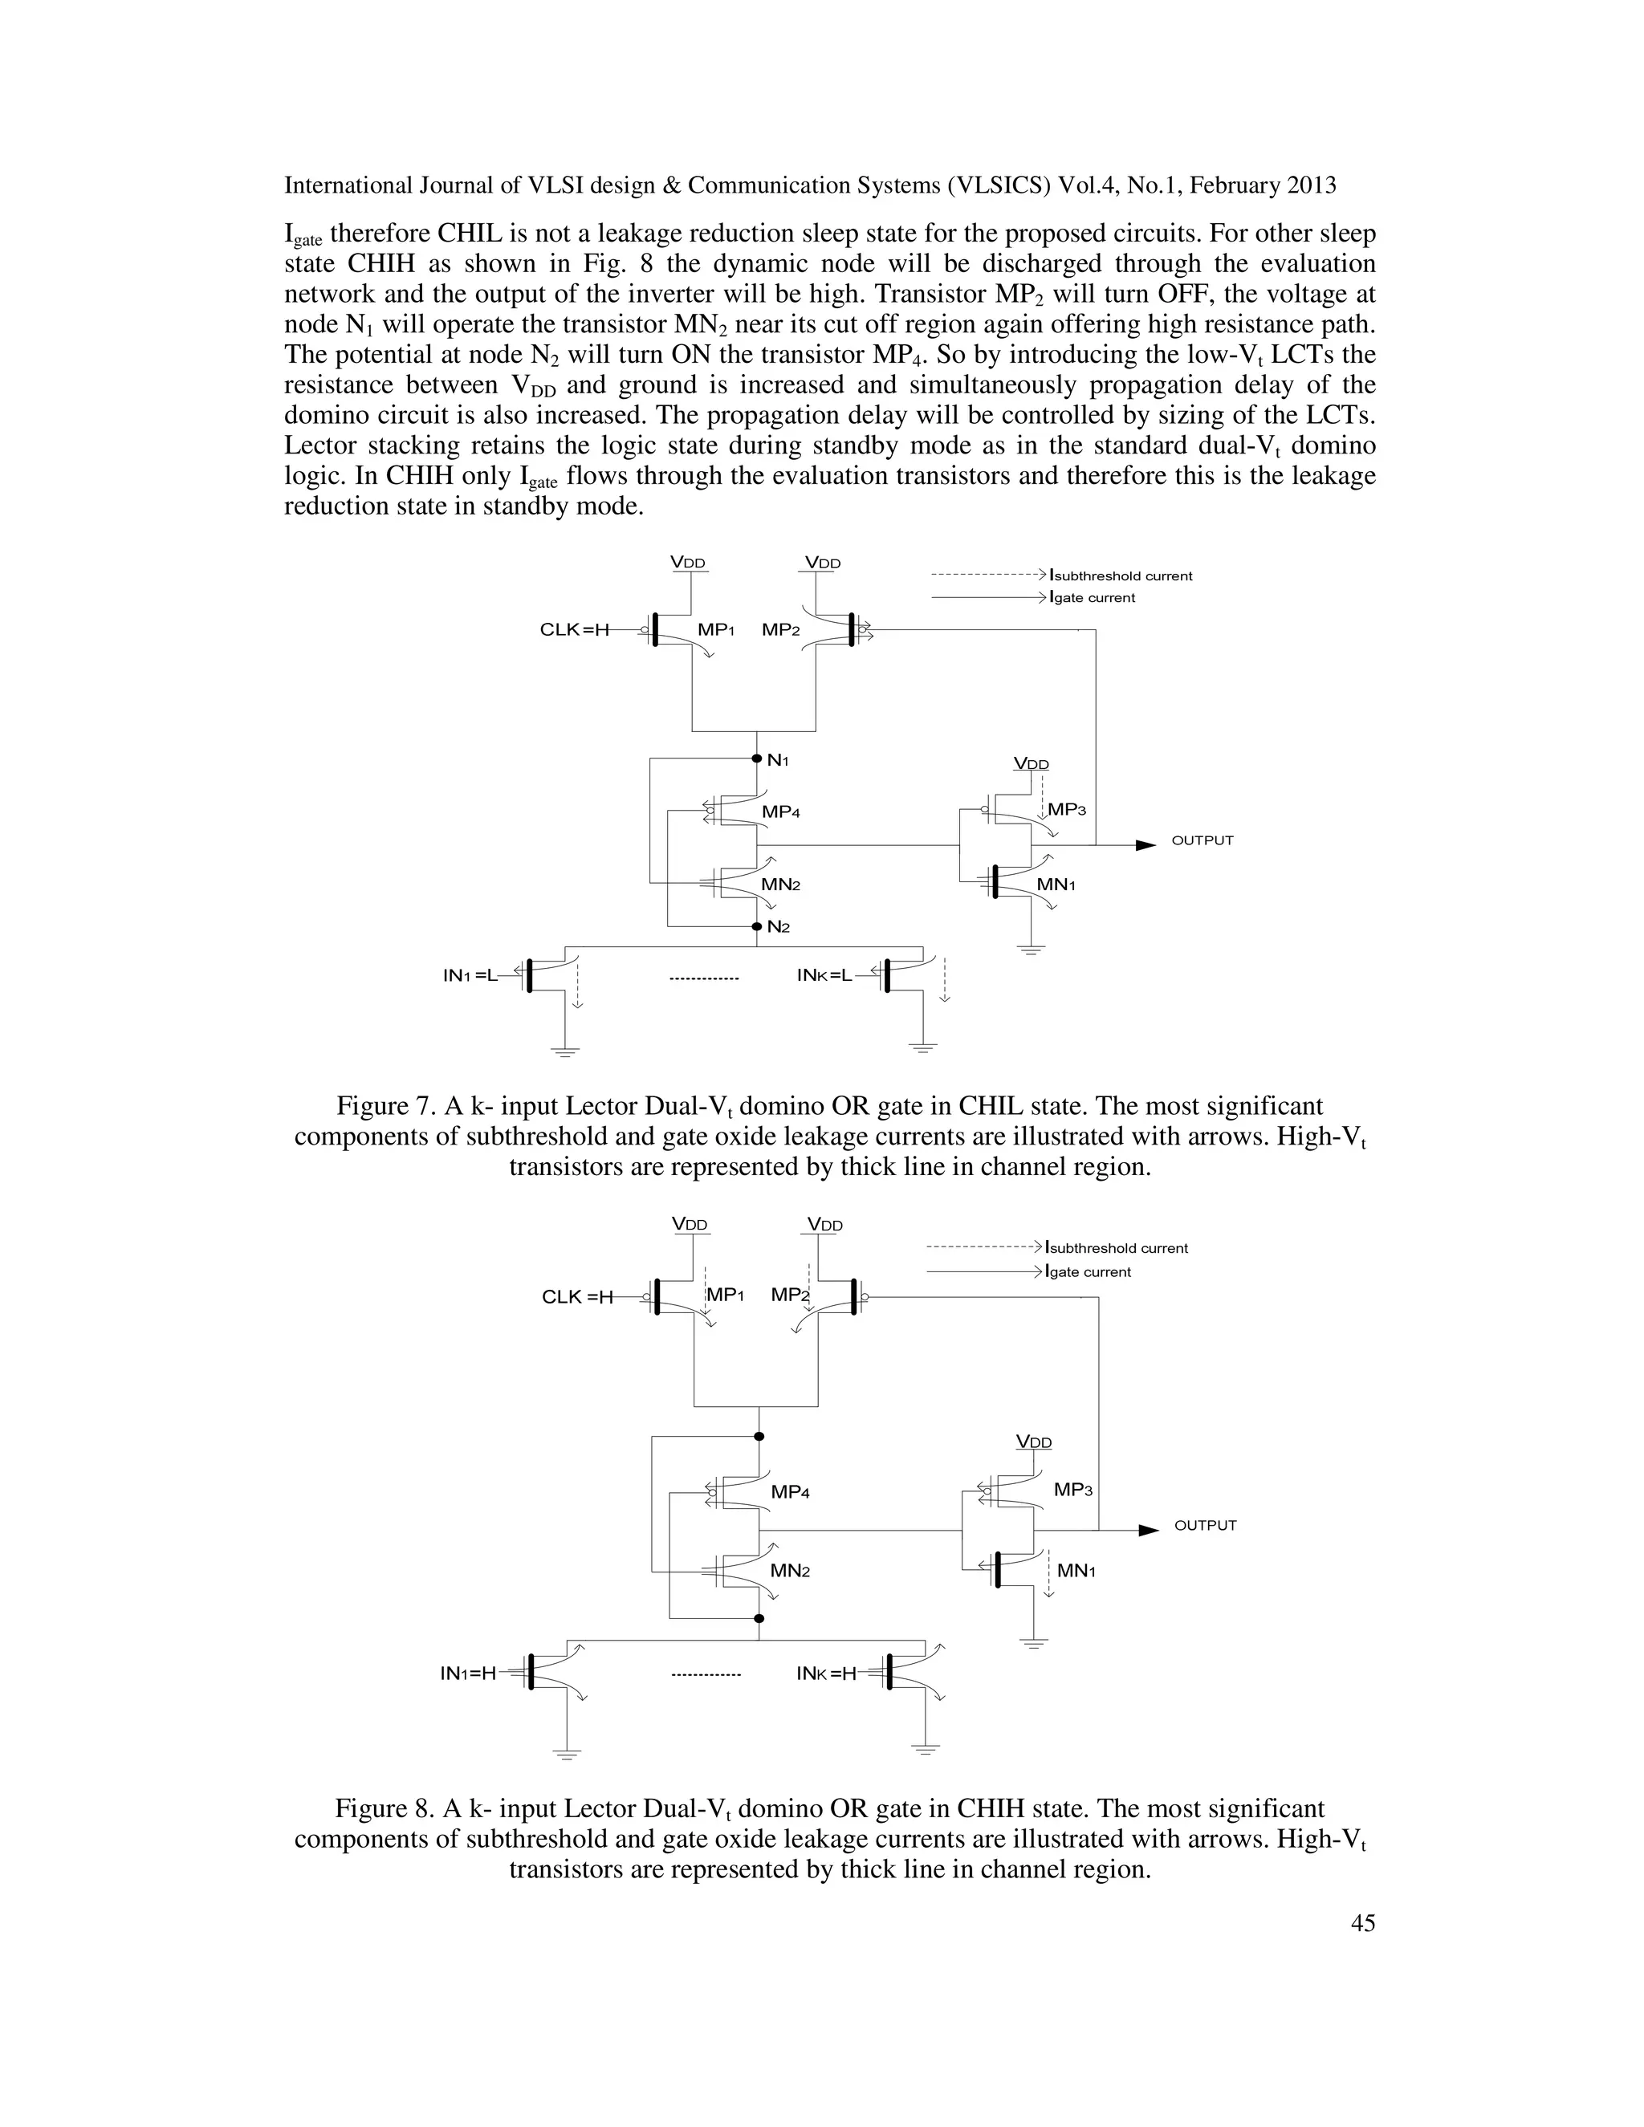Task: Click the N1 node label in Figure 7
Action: pos(777,759)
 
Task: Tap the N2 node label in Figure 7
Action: pos(777,926)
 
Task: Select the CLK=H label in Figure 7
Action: pos(574,630)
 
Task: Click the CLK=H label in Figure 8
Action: pos(576,1297)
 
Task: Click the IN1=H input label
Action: pos(467,1674)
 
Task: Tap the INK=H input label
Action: pos(826,1674)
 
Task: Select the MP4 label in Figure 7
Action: pos(781,812)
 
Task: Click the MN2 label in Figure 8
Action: pos(790,1571)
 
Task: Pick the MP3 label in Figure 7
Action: pos(1067,809)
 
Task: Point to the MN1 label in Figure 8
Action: pos(1076,1571)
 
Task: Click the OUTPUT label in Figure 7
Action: pos(1202,840)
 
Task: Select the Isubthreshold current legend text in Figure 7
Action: pos(1120,575)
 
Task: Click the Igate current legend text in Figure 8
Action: pos(1088,1272)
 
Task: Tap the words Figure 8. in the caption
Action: pos(385,1808)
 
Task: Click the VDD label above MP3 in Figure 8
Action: pos(1033,1442)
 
